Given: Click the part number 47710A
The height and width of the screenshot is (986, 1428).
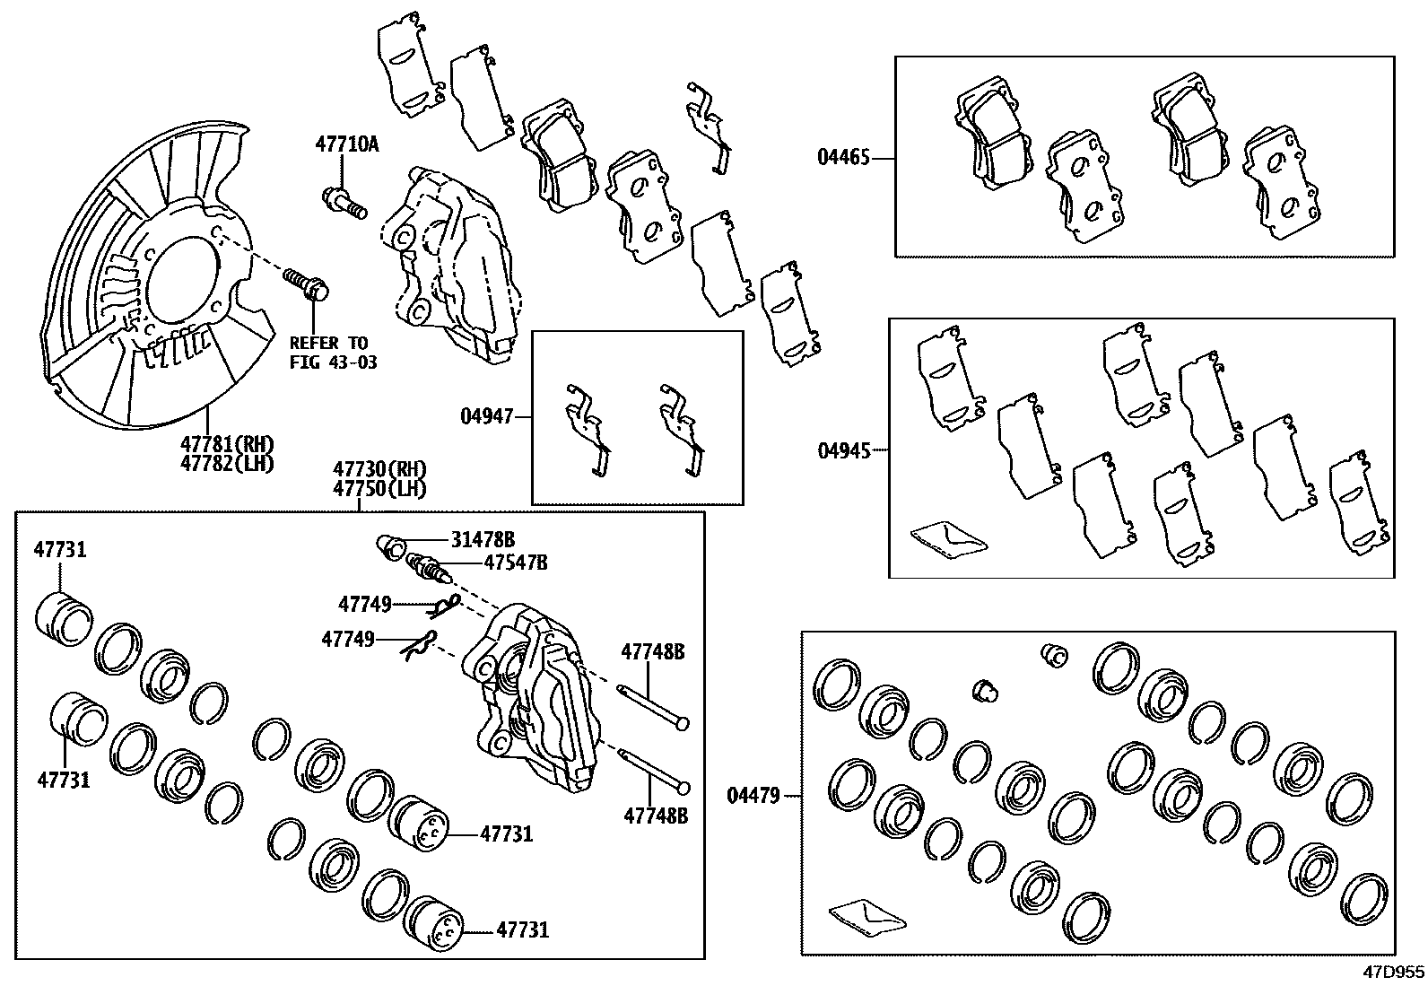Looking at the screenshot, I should coord(346,144).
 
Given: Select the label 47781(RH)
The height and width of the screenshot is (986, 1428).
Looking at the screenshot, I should coord(226,444).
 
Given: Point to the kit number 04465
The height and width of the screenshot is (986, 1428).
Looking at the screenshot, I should coord(842,159).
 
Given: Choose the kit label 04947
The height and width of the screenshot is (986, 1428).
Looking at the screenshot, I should coord(486,416).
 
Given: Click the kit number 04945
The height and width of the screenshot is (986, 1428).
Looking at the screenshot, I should coord(843,450).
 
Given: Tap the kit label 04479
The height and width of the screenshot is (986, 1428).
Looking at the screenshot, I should coord(753,795).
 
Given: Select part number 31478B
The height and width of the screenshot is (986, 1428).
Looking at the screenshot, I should coord(483,539).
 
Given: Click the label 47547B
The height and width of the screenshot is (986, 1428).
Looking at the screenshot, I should coord(515,563).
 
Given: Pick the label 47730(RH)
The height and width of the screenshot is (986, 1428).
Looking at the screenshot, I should coord(379,469).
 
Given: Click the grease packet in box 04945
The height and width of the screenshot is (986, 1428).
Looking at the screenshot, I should coord(947,538).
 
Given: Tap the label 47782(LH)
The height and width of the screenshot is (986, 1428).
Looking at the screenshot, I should coord(226,463).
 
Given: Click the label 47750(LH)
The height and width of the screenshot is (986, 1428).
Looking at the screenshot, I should coord(379,489).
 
